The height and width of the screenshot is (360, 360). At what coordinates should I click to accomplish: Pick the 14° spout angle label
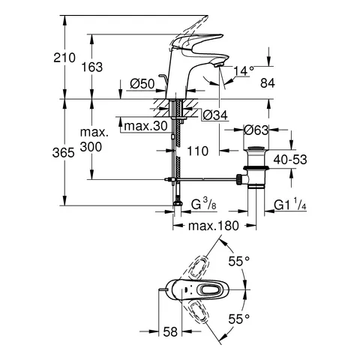coord(244,70)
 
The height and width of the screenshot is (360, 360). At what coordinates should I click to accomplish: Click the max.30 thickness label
coord(145,125)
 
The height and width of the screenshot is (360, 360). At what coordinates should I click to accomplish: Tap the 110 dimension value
coord(196,151)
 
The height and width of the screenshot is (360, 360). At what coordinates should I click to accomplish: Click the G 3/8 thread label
coord(206,204)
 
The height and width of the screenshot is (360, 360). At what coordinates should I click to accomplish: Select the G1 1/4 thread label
coord(291,204)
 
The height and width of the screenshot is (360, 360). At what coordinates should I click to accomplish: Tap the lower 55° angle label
coord(239,319)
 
